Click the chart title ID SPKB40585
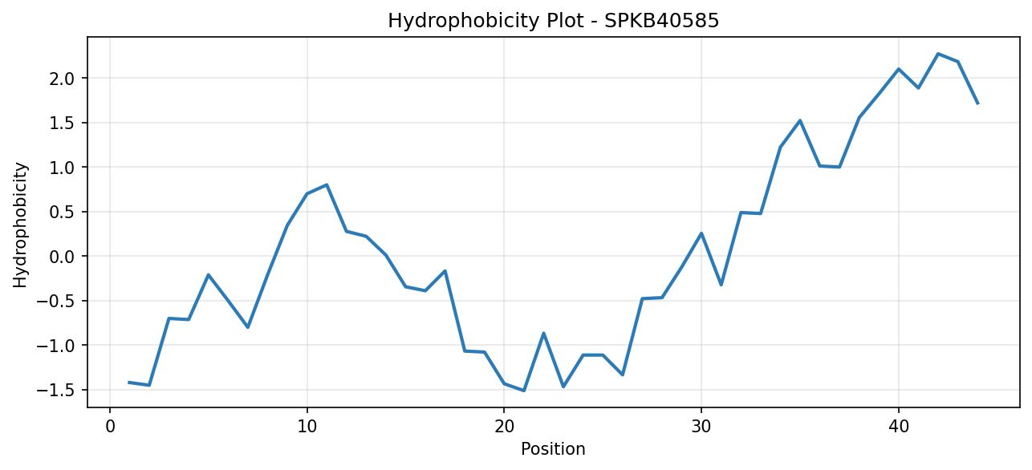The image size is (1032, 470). [x=661, y=21]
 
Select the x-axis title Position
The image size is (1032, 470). [x=553, y=449]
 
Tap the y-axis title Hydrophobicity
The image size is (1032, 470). [x=20, y=225]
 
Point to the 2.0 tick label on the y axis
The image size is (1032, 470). [x=62, y=79]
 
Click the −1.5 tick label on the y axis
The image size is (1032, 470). [x=55, y=391]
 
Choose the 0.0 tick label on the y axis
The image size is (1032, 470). [x=62, y=257]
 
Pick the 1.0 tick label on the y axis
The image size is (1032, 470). [x=62, y=168]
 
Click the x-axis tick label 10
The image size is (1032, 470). [x=307, y=427]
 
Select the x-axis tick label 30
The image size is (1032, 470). [x=701, y=427]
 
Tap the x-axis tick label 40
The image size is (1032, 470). [x=899, y=427]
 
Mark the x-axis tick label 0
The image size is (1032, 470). [x=110, y=427]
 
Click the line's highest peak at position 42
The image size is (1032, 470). [x=938, y=54]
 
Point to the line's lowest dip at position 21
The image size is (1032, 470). [x=524, y=391]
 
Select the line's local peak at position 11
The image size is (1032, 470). [x=327, y=184]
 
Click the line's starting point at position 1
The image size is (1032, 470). [x=129, y=382]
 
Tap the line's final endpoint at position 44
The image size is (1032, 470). [x=977, y=103]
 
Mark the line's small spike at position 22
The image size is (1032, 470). [x=543, y=333]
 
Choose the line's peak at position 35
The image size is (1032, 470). [x=800, y=120]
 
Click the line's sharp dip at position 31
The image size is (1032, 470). [x=721, y=285]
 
